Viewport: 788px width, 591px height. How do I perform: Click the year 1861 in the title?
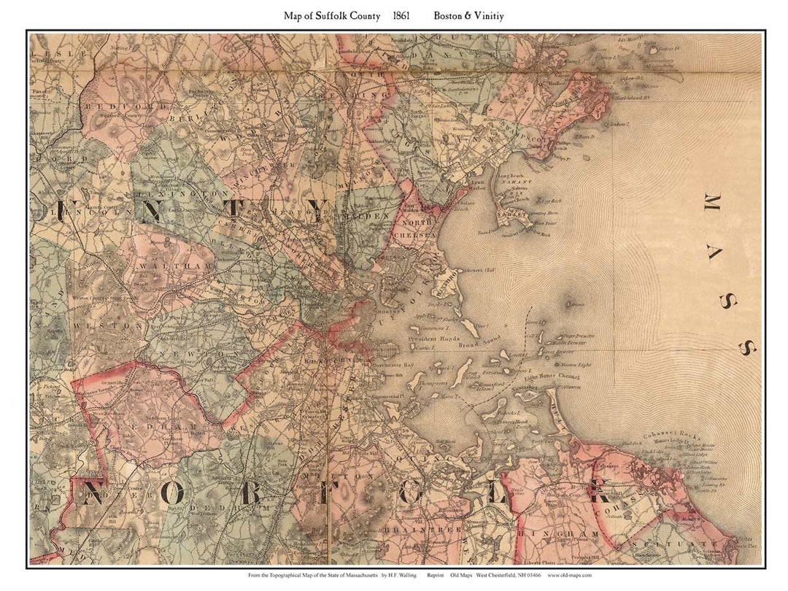click(x=401, y=15)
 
